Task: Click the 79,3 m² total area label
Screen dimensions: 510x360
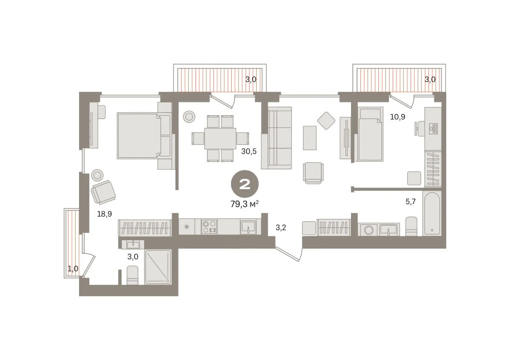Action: click(244, 204)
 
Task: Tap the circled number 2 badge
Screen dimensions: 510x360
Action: click(245, 184)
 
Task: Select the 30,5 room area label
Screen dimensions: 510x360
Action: click(249, 151)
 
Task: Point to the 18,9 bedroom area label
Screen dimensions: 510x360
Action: click(105, 214)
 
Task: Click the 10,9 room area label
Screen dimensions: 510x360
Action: click(397, 117)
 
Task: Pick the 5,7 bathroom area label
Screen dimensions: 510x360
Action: click(411, 201)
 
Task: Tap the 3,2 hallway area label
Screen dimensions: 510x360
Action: click(281, 227)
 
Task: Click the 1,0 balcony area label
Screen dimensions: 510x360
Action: click(73, 269)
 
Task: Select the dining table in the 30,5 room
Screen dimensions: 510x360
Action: click(220, 139)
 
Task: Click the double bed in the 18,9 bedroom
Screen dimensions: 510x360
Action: click(144, 136)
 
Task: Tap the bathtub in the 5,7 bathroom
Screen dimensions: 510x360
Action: click(432, 213)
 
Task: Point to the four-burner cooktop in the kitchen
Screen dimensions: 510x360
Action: click(209, 227)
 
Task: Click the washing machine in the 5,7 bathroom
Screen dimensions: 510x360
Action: click(368, 230)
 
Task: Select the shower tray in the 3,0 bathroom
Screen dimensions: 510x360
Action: click(158, 267)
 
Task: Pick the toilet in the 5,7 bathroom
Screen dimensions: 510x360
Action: click(411, 227)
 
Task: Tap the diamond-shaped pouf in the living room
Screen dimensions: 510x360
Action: click(326, 121)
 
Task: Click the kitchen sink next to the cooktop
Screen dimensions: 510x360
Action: click(248, 227)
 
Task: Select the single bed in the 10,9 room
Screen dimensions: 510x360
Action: click(371, 134)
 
